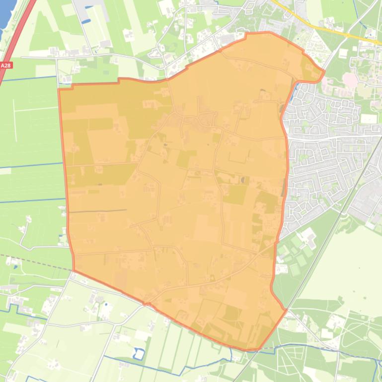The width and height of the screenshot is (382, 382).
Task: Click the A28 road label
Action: (5, 65)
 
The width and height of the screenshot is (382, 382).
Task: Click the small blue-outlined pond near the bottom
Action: (139, 353)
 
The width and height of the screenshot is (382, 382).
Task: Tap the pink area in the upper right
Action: (350, 79)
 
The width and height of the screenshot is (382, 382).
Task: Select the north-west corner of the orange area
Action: (59, 89)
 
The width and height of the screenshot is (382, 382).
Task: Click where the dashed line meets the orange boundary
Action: (74, 271)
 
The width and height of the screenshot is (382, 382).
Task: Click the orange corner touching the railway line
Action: (286, 310)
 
